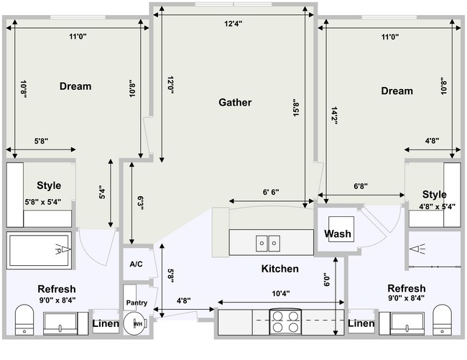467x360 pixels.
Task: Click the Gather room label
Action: tap(235, 103)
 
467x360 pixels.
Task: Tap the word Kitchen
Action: tap(279, 269)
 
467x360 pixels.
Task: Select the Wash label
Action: tap(337, 234)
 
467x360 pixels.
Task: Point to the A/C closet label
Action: tap(137, 264)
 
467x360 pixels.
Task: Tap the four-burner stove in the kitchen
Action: tap(285, 321)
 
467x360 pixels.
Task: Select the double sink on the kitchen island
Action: tap(268, 244)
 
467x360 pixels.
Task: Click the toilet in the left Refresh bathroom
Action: tap(24, 318)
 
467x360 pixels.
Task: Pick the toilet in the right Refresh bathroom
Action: tap(441, 318)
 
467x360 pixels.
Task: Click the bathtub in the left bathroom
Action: tap(39, 250)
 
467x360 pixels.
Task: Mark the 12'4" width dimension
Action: tap(233, 24)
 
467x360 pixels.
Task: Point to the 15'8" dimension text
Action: tap(295, 108)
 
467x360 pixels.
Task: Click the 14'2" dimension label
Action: tap(334, 116)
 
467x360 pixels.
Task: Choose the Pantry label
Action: tap(137, 303)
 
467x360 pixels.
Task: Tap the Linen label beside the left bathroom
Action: tap(106, 324)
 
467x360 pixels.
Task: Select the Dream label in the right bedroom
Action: tap(397, 91)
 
